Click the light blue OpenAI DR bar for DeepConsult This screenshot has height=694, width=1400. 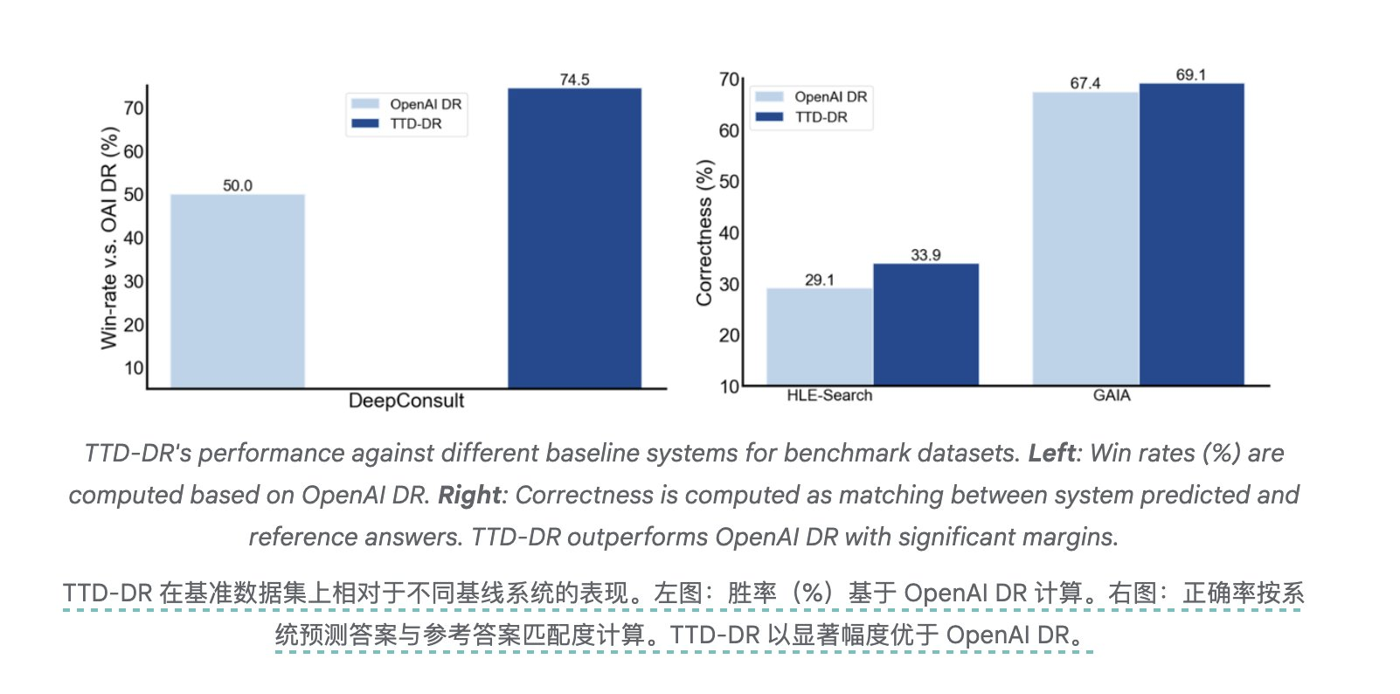(x=237, y=290)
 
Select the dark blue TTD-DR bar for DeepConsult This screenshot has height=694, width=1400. (x=574, y=238)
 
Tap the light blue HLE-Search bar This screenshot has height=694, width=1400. (x=819, y=337)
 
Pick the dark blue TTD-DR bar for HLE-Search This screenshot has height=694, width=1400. (x=925, y=324)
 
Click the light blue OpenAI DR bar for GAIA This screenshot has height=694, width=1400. (x=1085, y=238)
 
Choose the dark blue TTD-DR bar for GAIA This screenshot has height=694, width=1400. (x=1191, y=233)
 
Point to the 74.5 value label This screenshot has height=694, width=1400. (x=574, y=80)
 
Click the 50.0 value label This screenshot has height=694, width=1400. (x=237, y=185)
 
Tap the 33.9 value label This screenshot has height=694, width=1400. (x=925, y=255)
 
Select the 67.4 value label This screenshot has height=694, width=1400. (x=1085, y=83)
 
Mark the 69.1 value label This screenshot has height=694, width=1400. (x=1190, y=75)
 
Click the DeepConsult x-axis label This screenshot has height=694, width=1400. (x=406, y=401)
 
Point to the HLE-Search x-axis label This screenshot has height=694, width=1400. (x=829, y=395)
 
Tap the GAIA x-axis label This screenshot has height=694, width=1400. (x=1112, y=395)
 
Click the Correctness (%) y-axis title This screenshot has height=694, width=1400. (x=704, y=232)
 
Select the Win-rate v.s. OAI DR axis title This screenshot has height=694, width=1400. (x=109, y=238)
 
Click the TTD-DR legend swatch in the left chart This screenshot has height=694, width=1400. (x=364, y=124)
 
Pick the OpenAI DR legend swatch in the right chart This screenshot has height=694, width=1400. (x=769, y=97)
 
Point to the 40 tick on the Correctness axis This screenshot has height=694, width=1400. (x=729, y=233)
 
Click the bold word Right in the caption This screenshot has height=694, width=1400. (x=469, y=495)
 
